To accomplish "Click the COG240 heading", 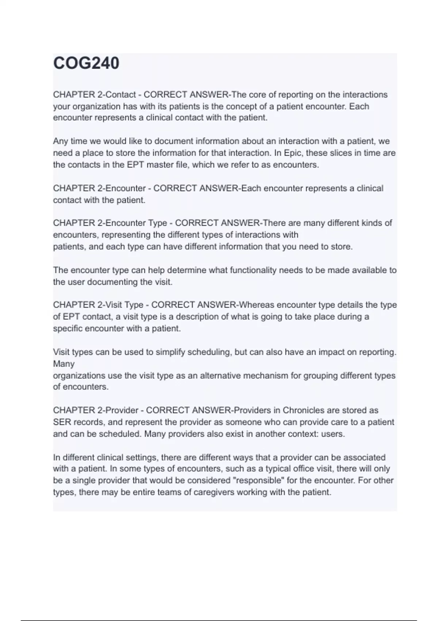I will click(86, 63).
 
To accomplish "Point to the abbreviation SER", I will click(62, 422).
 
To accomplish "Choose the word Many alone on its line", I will click(64, 364).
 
